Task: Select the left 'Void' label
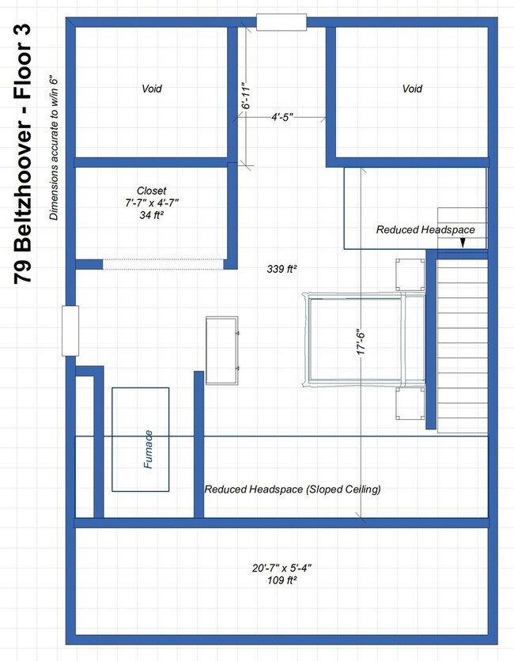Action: pyautogui.click(x=152, y=89)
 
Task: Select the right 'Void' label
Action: pyautogui.click(x=412, y=89)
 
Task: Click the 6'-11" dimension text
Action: pyautogui.click(x=247, y=93)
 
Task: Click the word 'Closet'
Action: pyautogui.click(x=152, y=191)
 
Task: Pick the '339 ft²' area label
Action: pyautogui.click(x=282, y=270)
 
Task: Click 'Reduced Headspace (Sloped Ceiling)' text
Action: pyautogui.click(x=293, y=489)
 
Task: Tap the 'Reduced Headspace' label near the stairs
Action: pyautogui.click(x=425, y=229)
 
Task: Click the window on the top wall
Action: pyautogui.click(x=282, y=22)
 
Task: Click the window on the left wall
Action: pyautogui.click(x=70, y=330)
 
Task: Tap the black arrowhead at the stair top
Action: pyautogui.click(x=463, y=245)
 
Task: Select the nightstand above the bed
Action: pyautogui.click(x=410, y=274)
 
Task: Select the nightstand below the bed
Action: pyautogui.click(x=410, y=402)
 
